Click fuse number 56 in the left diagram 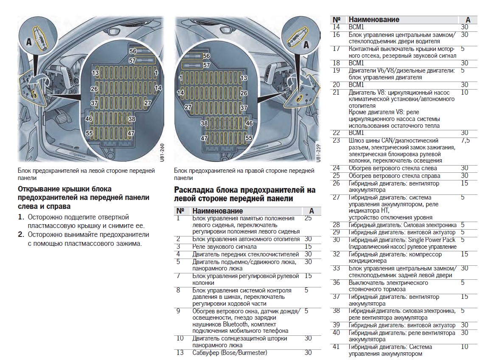click(133, 51)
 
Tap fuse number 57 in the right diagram click(207, 65)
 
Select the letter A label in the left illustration click(28, 42)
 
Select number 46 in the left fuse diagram click(89, 119)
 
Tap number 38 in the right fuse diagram click(204, 124)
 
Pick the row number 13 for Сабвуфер click(180, 353)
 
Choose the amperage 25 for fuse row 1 click(308, 218)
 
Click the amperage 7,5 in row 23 click(465, 141)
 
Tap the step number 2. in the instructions click(21, 234)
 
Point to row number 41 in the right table click(336, 347)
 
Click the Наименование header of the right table click(373, 20)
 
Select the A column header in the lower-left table click(311, 211)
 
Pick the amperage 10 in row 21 click(464, 92)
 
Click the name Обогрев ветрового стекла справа click(393, 176)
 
